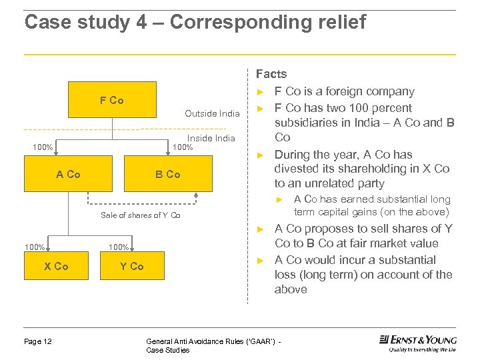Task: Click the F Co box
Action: coord(111,100)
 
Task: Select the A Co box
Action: coord(68,174)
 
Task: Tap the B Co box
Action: coord(167,174)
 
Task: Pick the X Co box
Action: coord(56,266)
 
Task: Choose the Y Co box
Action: coord(131,266)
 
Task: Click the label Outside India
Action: coord(212,114)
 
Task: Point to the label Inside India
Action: coord(212,138)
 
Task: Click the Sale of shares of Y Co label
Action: coord(140,215)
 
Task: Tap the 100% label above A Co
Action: coord(43,147)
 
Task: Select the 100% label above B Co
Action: coord(183,147)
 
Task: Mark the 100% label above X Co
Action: coord(34,247)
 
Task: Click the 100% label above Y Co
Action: coord(119,247)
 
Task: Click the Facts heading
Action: coord(271,74)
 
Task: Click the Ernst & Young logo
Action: coord(417,343)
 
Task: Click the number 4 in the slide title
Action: coord(141,22)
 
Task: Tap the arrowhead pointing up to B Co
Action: coord(197,194)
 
